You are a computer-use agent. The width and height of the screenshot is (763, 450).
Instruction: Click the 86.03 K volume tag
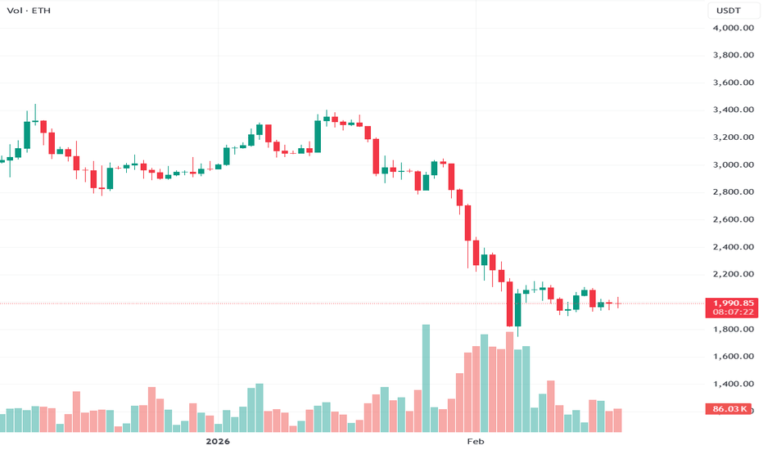pos(728,408)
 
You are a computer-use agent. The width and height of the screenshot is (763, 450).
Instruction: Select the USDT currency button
pos(729,11)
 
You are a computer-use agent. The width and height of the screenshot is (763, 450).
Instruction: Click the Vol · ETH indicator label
pos(26,11)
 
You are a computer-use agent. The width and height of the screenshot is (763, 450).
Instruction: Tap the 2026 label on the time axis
pos(218,441)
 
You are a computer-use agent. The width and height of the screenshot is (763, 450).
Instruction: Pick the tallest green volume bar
pos(426,378)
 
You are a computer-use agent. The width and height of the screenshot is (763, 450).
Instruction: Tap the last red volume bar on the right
pos(618,420)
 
